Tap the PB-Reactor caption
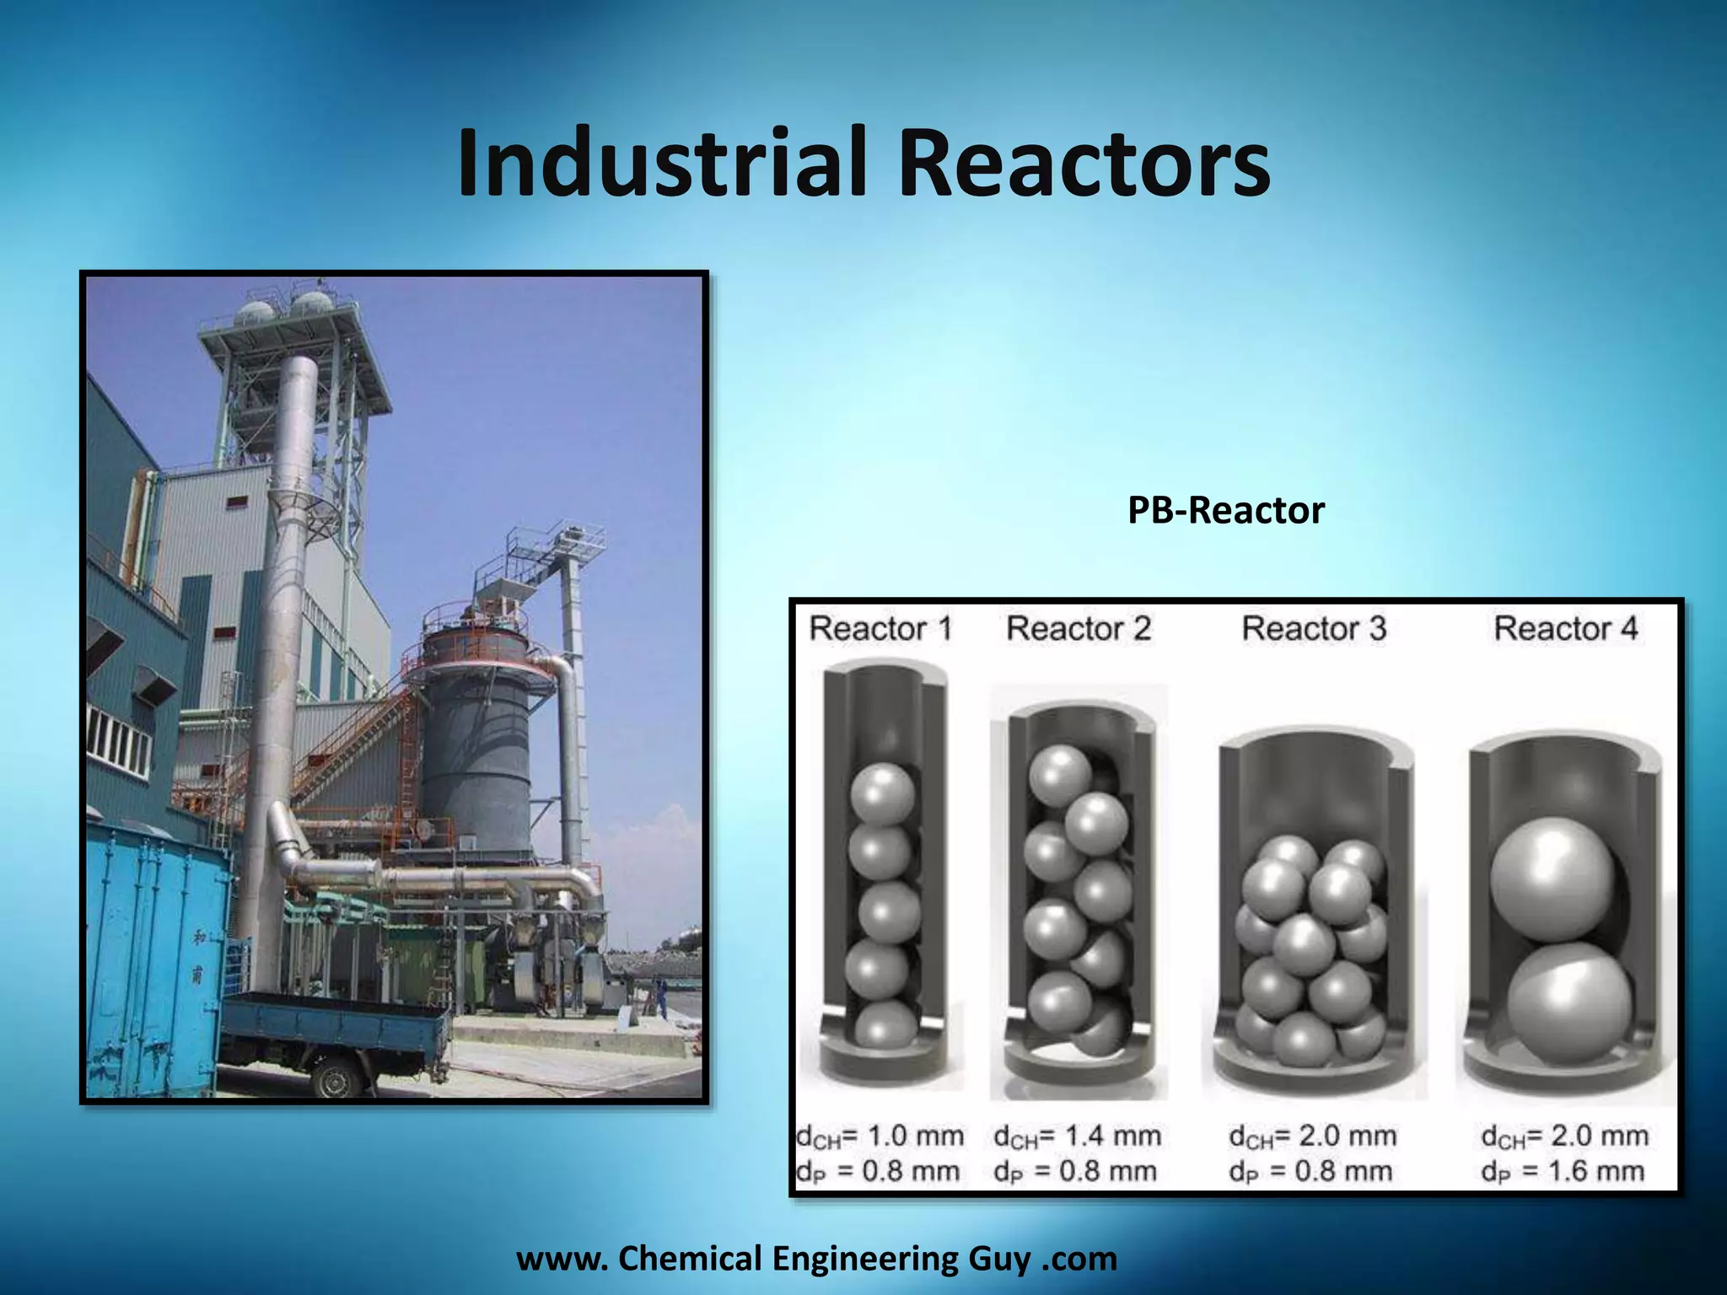pyautogui.click(x=1225, y=511)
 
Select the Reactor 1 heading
pyautogui.click(x=880, y=629)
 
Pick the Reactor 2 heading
pyautogui.click(x=1079, y=629)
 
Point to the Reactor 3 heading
pyautogui.click(x=1314, y=629)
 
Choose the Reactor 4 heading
pyautogui.click(x=1565, y=629)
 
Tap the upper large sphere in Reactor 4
pyautogui.click(x=1550, y=879)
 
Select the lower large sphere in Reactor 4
pyautogui.click(x=1568, y=1003)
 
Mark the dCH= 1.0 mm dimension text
pyautogui.click(x=880, y=1136)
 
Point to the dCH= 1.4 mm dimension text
pyautogui.click(x=1078, y=1136)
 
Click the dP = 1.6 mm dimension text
pyautogui.click(x=1563, y=1171)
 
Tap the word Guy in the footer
pyautogui.click(x=998, y=1259)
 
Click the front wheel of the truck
pyautogui.click(x=336, y=1078)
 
